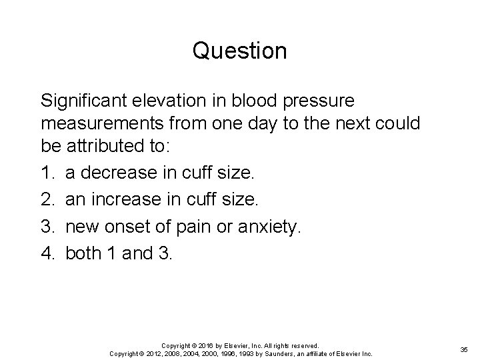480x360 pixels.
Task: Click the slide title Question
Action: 240,51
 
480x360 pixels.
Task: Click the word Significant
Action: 83,101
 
